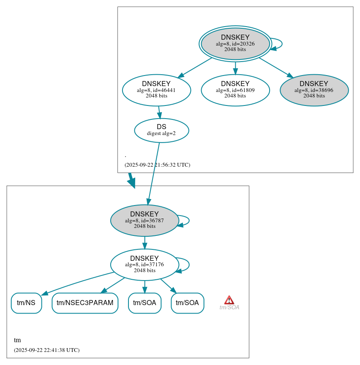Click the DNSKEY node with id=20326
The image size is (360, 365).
click(x=235, y=43)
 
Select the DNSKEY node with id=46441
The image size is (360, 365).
click(x=156, y=90)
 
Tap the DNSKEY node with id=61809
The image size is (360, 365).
click(x=235, y=90)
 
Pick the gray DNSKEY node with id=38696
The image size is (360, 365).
click(x=314, y=90)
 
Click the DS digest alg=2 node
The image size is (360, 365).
click(x=161, y=130)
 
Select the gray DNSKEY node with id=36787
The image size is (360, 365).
click(x=145, y=220)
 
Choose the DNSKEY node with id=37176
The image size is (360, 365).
click(x=145, y=265)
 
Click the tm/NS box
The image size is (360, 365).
click(x=26, y=303)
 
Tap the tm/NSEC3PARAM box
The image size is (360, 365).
click(x=85, y=303)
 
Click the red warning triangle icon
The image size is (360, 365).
click(x=229, y=300)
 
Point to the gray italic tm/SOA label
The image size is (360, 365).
click(x=229, y=308)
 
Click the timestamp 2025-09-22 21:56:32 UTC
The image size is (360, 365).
click(x=157, y=165)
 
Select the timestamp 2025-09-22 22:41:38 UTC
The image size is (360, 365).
click(x=46, y=350)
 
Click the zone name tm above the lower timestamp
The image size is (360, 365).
click(x=17, y=340)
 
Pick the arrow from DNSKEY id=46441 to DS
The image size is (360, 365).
click(x=159, y=112)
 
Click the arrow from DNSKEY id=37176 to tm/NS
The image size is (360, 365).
click(x=76, y=283)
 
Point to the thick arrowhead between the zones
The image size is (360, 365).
click(x=132, y=183)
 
